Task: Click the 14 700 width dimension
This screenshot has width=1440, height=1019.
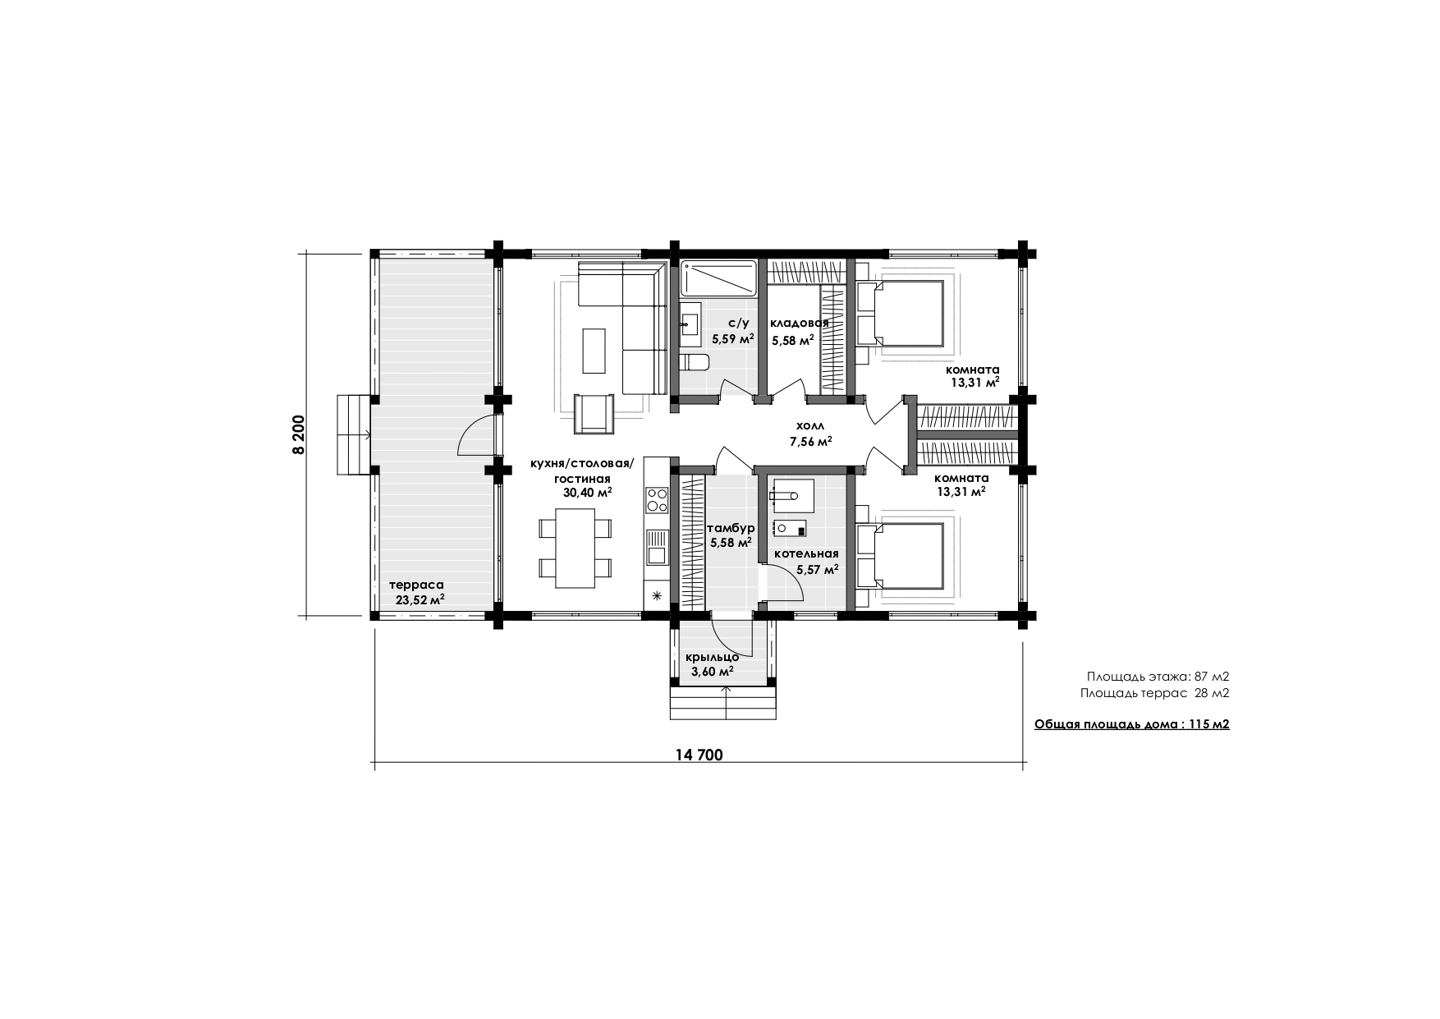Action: click(699, 755)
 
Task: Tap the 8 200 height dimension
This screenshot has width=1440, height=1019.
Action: click(297, 435)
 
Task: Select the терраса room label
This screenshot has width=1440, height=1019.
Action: click(416, 585)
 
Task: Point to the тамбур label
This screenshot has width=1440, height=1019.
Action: click(731, 528)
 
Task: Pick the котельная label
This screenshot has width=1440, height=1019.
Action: click(806, 553)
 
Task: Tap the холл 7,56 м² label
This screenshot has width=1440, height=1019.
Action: click(811, 434)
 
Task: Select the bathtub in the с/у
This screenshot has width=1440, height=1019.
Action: click(718, 278)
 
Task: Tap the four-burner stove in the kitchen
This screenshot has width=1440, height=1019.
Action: click(657, 499)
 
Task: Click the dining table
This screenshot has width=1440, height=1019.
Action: click(576, 549)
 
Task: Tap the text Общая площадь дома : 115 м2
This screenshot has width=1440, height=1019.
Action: click(1131, 725)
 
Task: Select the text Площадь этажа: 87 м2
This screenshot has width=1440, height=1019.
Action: click(1158, 677)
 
